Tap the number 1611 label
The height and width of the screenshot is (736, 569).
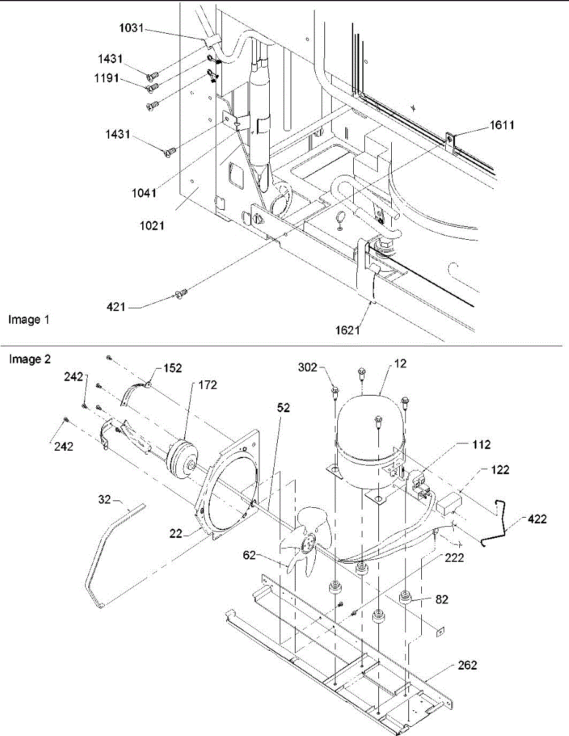(502, 125)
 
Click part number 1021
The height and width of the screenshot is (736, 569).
(150, 226)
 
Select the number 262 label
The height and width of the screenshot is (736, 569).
(466, 665)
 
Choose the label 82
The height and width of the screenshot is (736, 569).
(441, 599)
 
